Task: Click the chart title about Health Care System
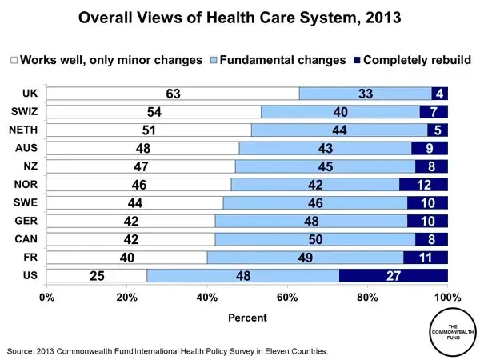(240, 18)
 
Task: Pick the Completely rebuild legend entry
(415, 60)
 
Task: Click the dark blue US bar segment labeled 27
(394, 275)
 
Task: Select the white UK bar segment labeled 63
(173, 94)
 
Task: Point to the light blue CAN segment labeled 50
(314, 239)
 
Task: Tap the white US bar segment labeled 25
(97, 275)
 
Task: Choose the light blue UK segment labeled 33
(365, 94)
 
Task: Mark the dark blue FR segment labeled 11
(426, 258)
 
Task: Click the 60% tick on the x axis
(287, 298)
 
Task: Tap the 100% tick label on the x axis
(447, 298)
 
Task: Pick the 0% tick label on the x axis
(46, 298)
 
